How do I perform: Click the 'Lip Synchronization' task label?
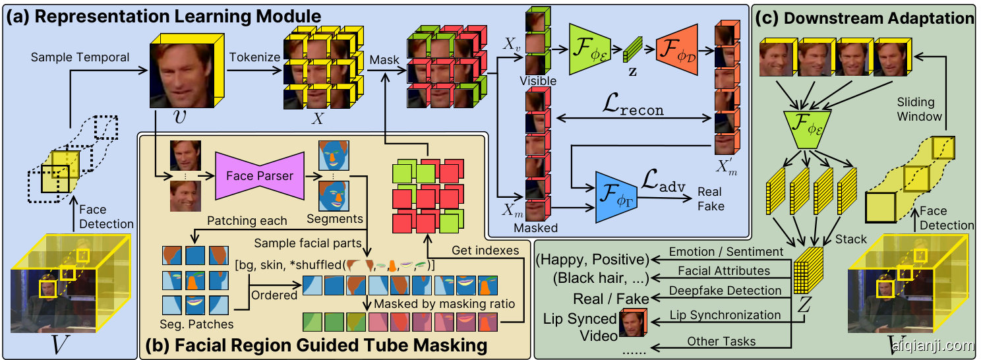[x=725, y=315]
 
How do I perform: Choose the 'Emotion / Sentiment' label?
[x=726, y=251]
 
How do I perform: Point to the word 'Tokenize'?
[x=254, y=57]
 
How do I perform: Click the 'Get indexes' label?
[x=485, y=251]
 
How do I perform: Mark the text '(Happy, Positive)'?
[x=592, y=258]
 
